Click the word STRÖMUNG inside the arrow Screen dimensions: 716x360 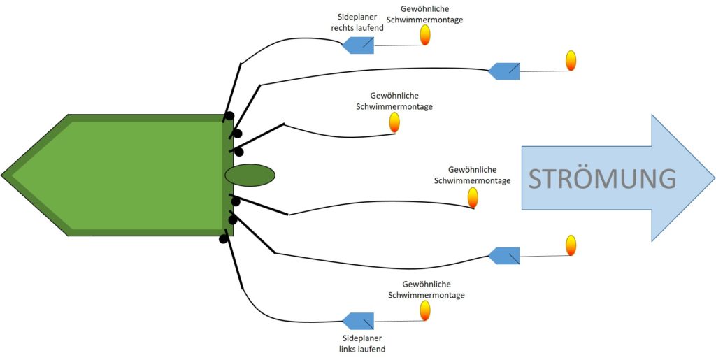[x=602, y=178]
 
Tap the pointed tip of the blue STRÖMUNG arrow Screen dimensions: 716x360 [x=715, y=178]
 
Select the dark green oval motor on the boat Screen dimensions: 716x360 [x=250, y=175]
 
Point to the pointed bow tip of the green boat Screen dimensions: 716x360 [x=1, y=175]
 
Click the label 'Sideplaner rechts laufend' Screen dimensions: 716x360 [x=357, y=24]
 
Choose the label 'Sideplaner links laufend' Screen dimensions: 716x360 [x=362, y=344]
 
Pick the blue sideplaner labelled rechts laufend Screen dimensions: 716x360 [x=358, y=45]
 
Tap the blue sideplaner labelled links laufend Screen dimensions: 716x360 [x=358, y=321]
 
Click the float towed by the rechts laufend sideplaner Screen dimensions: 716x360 [x=425, y=35]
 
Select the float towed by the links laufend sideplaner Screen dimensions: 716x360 [x=425, y=310]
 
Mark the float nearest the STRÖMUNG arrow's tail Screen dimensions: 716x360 [x=473, y=198]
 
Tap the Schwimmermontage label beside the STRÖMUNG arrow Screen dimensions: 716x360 [x=472, y=175]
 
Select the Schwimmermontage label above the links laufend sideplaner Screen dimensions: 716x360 [x=427, y=289]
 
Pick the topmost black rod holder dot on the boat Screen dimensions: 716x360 [x=229, y=116]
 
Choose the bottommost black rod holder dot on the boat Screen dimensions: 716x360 [x=223, y=238]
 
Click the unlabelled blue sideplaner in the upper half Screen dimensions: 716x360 [x=504, y=71]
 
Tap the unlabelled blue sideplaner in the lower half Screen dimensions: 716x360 [x=504, y=256]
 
